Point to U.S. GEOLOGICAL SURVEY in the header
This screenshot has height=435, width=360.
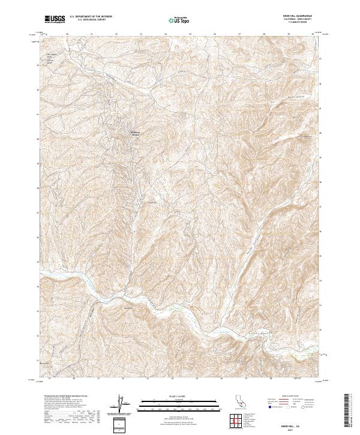(89, 21)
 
